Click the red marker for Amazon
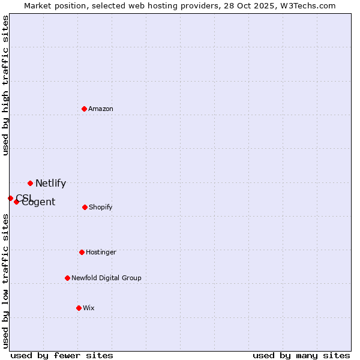pos(85,109)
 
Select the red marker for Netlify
pos(30,183)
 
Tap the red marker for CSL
pos(10,198)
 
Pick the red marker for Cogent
pos(16,202)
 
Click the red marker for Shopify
pos(85,207)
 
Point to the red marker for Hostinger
pos(82,252)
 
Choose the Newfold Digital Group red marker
pos(67,278)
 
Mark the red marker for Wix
pos(79,308)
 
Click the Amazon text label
pos(101,109)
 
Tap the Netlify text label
pos(50,184)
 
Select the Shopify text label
pos(100,207)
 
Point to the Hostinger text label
pos(101,252)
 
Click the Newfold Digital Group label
pos(106,278)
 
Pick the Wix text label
pos(89,308)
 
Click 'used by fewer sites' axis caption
pos(62,356)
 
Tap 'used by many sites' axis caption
pos(301,356)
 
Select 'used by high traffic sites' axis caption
pos(5,85)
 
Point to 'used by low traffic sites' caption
pos(5,281)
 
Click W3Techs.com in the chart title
pos(310,5)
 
